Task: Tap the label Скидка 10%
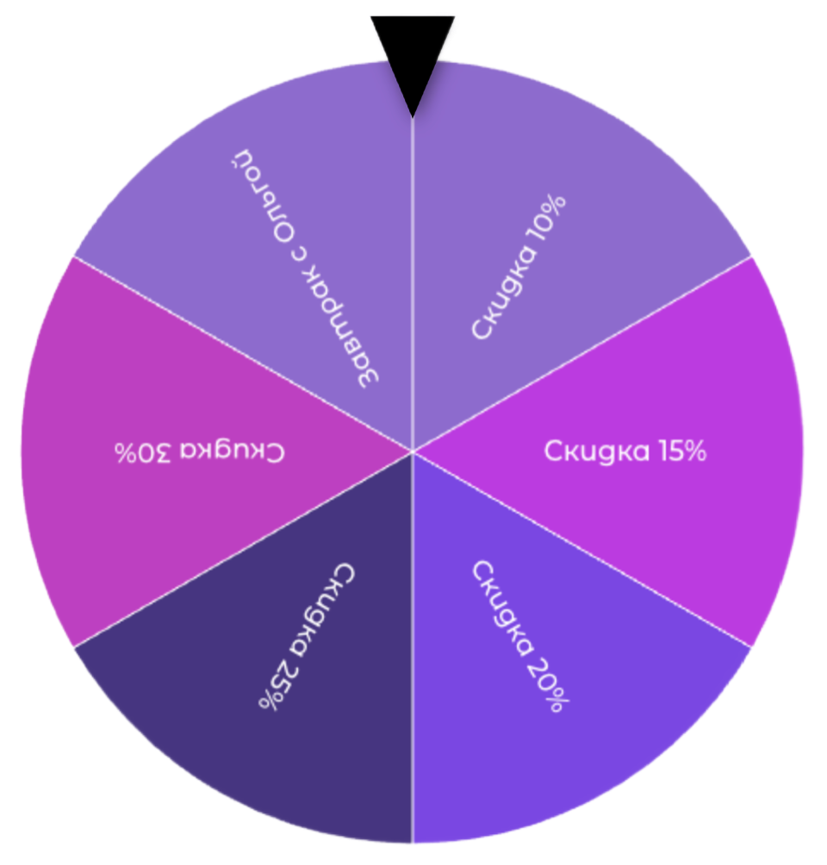pyautogui.click(x=519, y=267)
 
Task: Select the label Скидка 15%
pyautogui.click(x=625, y=451)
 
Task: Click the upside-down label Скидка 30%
pyautogui.click(x=199, y=451)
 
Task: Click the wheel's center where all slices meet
pyautogui.click(x=413, y=450)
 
